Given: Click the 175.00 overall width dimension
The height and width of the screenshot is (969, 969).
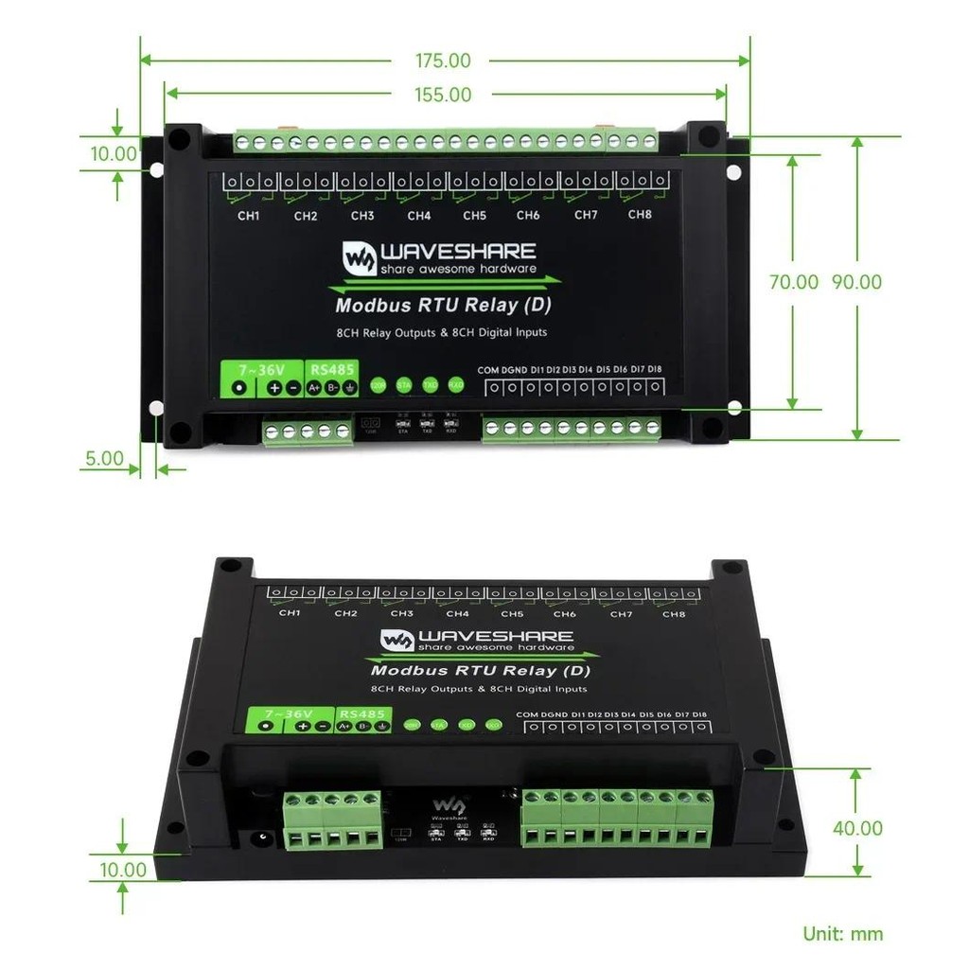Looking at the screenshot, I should pyautogui.click(x=443, y=61).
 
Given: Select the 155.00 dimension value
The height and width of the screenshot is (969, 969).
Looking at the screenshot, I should pyautogui.click(x=443, y=95).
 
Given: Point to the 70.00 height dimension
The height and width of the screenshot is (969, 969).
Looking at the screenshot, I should pyautogui.click(x=793, y=282).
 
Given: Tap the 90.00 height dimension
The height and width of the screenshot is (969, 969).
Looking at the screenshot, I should pyautogui.click(x=857, y=282).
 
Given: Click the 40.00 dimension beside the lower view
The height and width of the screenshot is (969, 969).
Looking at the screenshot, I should pyautogui.click(x=857, y=828).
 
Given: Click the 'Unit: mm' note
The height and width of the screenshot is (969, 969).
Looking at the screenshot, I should pyautogui.click(x=843, y=934).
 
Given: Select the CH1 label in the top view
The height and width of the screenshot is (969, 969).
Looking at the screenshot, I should pyautogui.click(x=248, y=216).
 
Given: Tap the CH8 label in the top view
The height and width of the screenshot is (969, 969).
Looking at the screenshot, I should pyautogui.click(x=641, y=215).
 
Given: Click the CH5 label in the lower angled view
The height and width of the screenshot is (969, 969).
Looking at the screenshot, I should pyautogui.click(x=512, y=614).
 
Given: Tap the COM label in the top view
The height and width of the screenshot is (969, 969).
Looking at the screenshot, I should pyautogui.click(x=487, y=369).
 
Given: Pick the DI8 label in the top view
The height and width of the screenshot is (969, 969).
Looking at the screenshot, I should pyautogui.click(x=655, y=369).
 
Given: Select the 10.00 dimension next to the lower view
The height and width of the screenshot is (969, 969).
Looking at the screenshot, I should pyautogui.click(x=123, y=870).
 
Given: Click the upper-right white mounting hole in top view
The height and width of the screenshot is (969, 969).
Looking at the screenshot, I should pyautogui.click(x=733, y=172).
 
